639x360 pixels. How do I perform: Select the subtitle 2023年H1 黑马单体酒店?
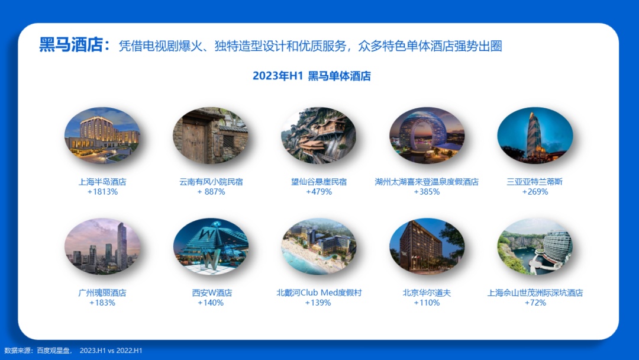[312, 76]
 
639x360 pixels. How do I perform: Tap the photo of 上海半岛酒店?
[102, 136]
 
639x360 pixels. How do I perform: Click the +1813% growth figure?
[102, 192]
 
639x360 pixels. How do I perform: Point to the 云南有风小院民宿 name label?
[211, 182]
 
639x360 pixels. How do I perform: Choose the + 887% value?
[211, 192]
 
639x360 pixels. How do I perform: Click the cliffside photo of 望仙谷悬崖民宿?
[319, 136]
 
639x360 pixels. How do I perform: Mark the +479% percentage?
[319, 192]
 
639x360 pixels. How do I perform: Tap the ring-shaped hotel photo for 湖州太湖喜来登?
[427, 136]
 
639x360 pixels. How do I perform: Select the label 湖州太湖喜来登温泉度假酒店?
[427, 182]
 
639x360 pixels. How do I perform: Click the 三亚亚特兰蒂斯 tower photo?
[535, 136]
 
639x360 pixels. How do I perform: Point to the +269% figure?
[535, 192]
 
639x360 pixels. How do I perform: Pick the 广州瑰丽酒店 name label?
[102, 292]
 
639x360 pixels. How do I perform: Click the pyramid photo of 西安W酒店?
[211, 246]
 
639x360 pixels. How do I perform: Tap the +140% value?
[211, 303]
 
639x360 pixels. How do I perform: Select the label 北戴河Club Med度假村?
[319, 292]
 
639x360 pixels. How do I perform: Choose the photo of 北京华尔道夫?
[427, 246]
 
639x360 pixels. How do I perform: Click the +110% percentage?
[427, 303]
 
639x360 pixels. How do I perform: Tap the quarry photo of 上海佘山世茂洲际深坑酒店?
[535, 246]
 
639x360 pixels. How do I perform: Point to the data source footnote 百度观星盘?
[53, 350]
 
